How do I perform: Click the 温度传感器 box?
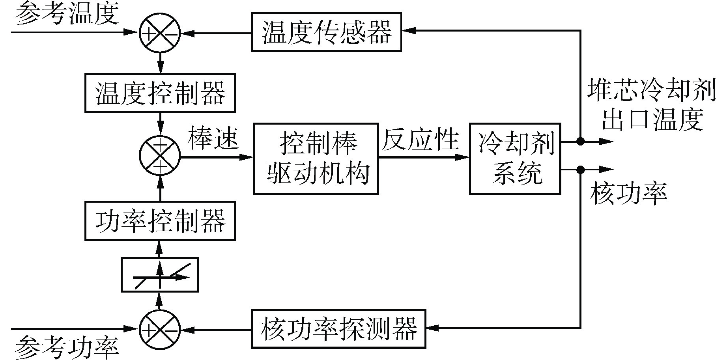326,32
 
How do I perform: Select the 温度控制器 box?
160,93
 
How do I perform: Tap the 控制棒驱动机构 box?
316,159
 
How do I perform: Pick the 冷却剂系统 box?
515,159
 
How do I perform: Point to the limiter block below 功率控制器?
160,275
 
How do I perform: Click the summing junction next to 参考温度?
160,32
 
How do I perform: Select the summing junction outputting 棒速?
160,156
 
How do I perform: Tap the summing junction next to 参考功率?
160,328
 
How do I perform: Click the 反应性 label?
420,138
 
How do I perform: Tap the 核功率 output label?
628,194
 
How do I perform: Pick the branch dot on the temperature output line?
580,141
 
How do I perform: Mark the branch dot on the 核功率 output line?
580,170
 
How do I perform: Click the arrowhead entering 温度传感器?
409,30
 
